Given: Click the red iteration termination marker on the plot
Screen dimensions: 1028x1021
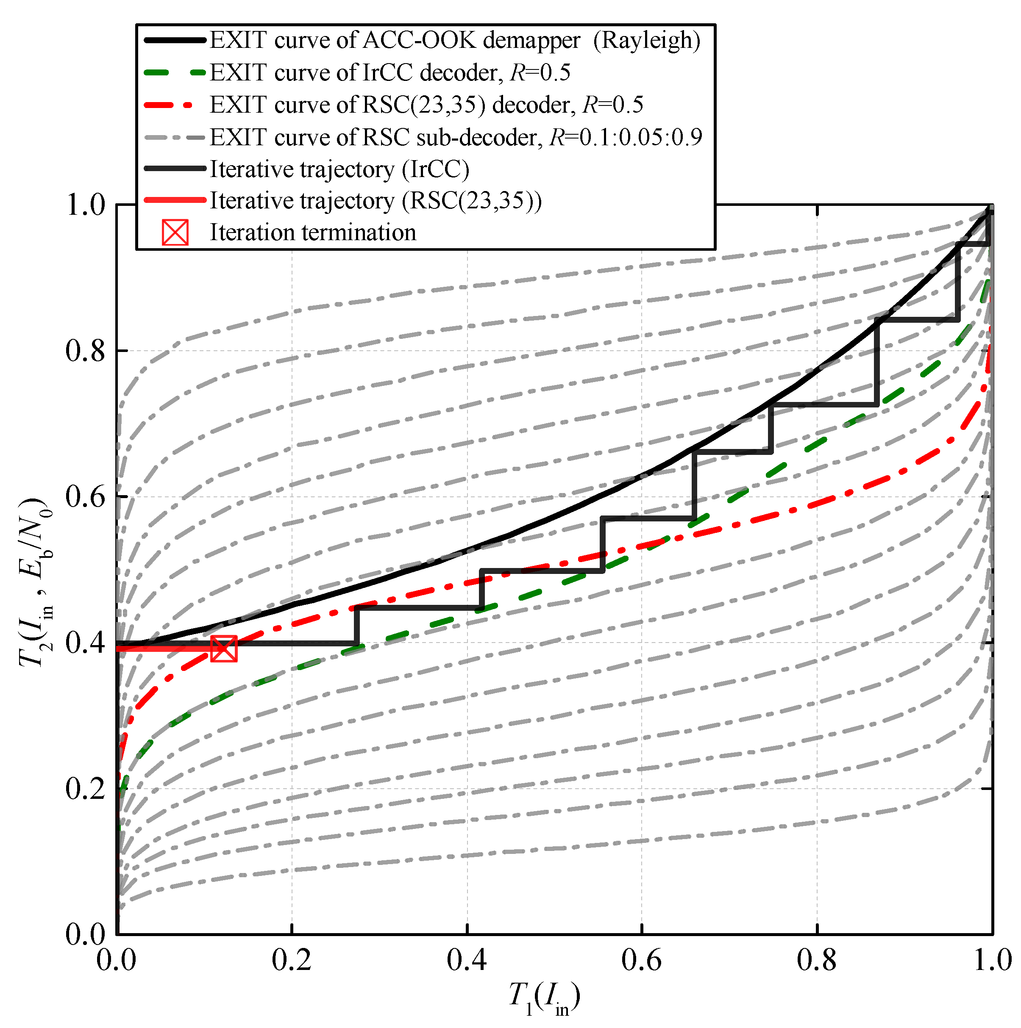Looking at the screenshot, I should pos(224,648).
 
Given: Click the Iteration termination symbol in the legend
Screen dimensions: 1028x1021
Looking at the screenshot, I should pos(175,233).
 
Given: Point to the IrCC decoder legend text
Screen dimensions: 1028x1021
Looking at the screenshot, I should pos(389,73).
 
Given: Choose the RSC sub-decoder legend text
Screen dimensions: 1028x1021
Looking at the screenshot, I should pos(456,137).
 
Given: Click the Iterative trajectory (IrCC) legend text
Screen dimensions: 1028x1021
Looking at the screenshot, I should pos(339,169).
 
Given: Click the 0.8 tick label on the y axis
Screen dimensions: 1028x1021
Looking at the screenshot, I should pos(85,351).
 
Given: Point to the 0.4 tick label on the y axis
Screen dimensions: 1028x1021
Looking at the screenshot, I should pos(85,643).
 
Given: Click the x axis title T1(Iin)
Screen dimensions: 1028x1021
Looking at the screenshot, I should pos(544,999).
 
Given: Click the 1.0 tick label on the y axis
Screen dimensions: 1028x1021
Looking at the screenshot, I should pos(85,205).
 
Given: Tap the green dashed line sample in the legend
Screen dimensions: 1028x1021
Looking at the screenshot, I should pos(175,73).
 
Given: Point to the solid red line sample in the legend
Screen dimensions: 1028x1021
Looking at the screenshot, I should pos(175,201).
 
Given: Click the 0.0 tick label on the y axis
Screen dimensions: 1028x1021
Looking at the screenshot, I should pos(85,935).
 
